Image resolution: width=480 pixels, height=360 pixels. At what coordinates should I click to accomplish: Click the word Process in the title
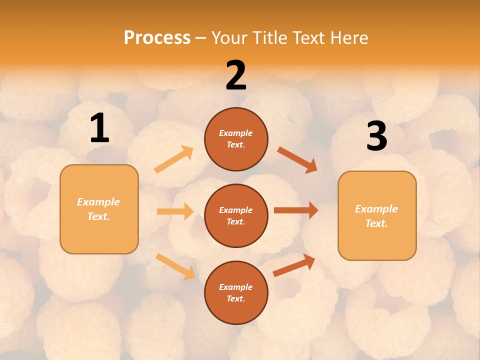click(x=157, y=37)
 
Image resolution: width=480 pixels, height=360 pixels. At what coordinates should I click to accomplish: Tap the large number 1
click(x=99, y=128)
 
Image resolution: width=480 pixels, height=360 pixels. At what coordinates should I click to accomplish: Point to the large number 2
click(x=236, y=75)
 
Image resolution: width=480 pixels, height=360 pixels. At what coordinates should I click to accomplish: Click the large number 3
click(x=376, y=136)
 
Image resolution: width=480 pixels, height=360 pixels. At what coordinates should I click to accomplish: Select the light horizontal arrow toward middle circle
click(x=175, y=211)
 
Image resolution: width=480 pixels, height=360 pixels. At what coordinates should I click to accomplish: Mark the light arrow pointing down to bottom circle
click(x=175, y=266)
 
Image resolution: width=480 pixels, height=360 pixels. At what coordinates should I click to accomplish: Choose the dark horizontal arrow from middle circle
click(x=296, y=210)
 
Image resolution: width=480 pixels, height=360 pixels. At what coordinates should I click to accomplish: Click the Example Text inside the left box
click(x=98, y=209)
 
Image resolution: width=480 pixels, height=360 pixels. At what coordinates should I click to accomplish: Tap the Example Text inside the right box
click(x=376, y=216)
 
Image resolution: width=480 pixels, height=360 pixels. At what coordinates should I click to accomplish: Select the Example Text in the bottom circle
click(x=235, y=292)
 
